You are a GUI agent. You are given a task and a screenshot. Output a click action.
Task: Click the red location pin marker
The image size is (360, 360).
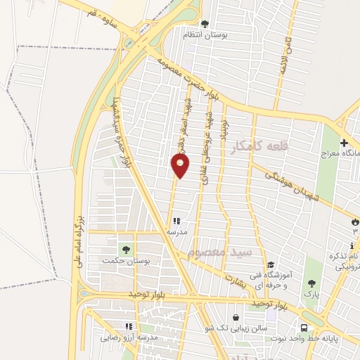pos(181,165)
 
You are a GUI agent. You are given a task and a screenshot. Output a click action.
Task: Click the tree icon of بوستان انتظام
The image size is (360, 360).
pos(205,23)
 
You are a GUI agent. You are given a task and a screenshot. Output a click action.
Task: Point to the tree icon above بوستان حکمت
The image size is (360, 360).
pos(127,249)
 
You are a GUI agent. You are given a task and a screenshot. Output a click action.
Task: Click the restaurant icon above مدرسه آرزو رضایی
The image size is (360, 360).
pos(128,326)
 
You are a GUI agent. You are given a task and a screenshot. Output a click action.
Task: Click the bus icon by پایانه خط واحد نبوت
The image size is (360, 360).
pos(304,328)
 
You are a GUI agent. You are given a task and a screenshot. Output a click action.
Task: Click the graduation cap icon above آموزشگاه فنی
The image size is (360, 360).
pos(271,264)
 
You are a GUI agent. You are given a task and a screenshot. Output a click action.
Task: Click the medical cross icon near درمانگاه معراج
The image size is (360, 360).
pos(344,143)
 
